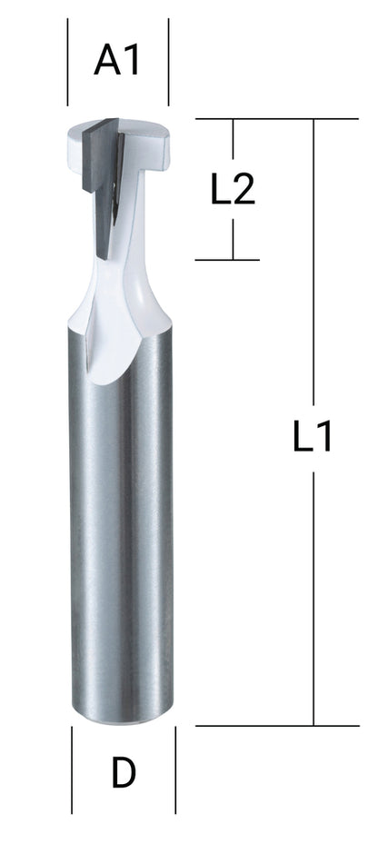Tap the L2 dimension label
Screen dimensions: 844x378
[x=233, y=190]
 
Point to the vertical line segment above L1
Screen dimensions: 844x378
[x=314, y=263]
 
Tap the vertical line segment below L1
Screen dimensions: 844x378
[x=314, y=591]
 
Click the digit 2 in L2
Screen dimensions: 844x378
[x=244, y=190]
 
